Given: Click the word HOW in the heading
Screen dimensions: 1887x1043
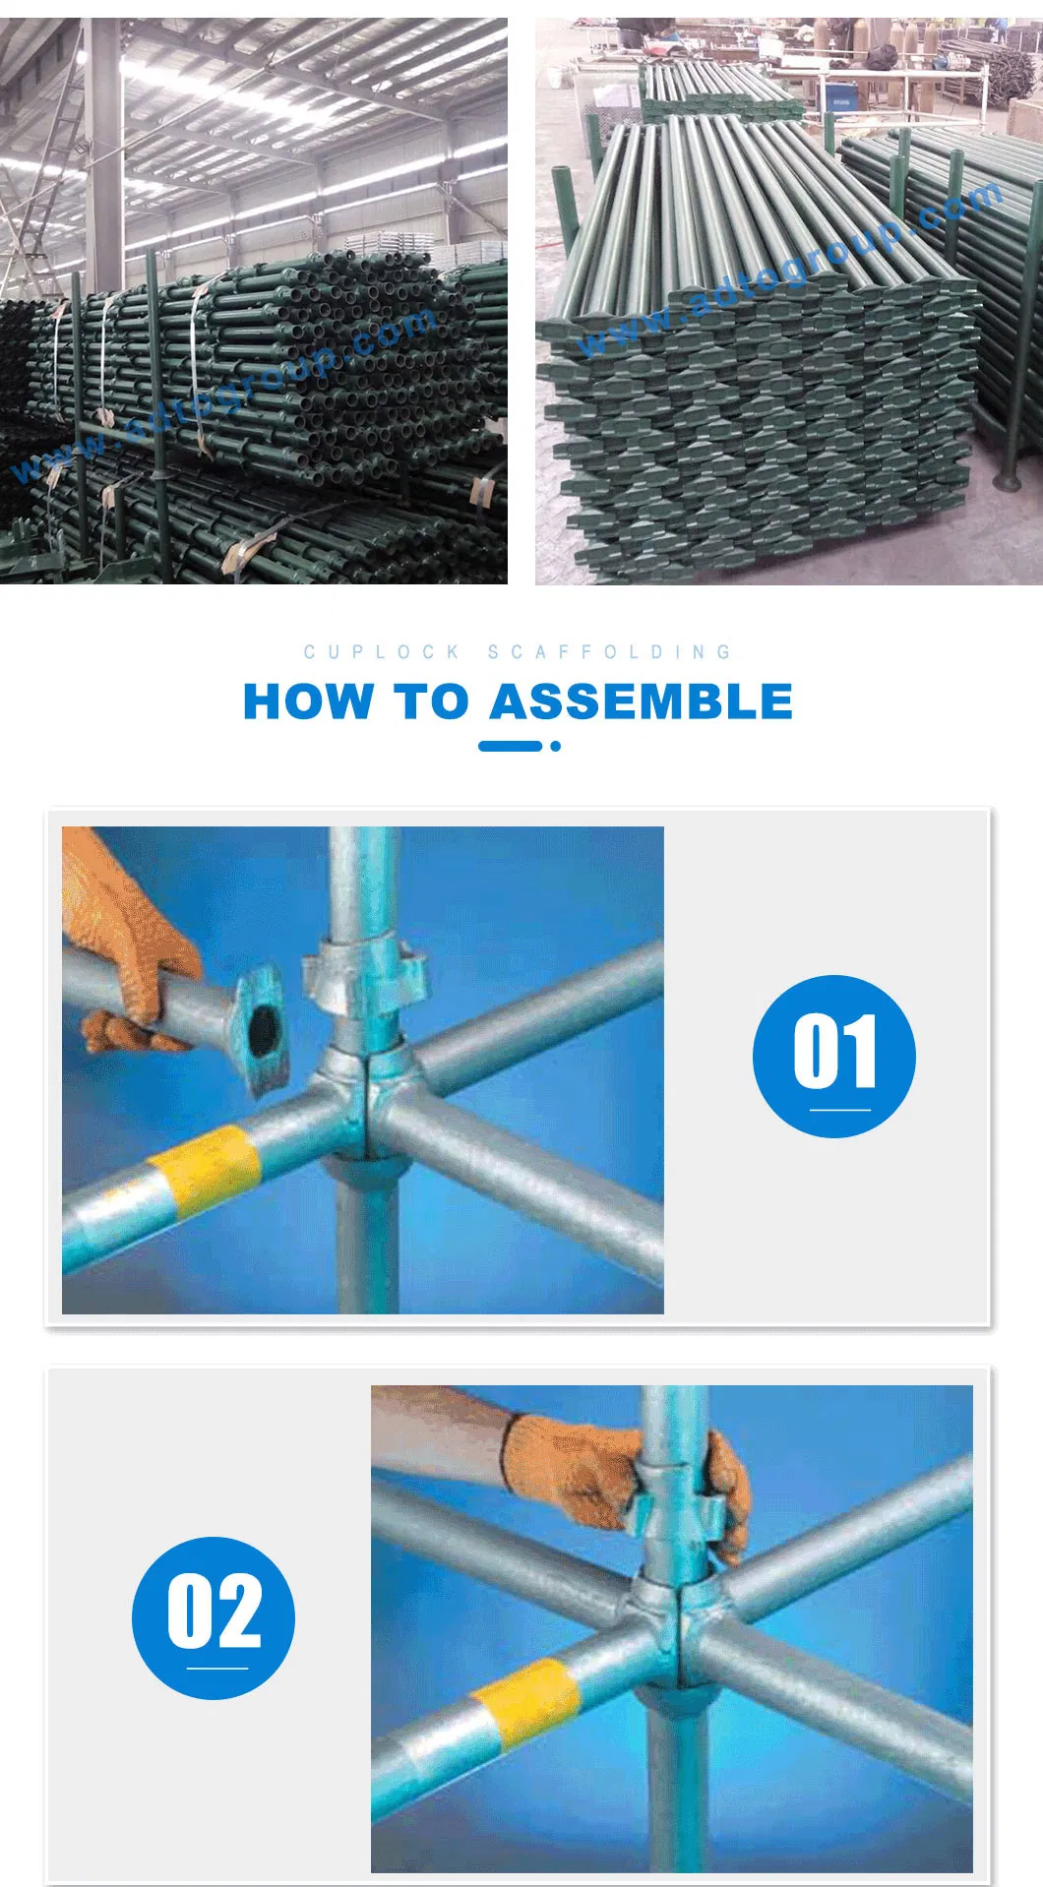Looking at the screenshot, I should (x=307, y=702).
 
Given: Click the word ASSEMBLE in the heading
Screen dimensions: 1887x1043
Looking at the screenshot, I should (x=641, y=702).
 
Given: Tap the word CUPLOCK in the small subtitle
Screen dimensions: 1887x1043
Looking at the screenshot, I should (x=382, y=652).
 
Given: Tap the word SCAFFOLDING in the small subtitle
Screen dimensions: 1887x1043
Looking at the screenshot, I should (x=610, y=652).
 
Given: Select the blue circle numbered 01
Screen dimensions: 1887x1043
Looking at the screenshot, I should (x=833, y=1056).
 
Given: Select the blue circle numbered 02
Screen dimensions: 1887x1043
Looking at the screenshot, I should (x=214, y=1616).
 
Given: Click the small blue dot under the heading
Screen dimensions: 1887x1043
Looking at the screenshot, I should (x=556, y=746).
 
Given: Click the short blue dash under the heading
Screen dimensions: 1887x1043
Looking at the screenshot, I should (x=509, y=746).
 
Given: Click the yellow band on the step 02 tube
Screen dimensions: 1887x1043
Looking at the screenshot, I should (x=526, y=1703).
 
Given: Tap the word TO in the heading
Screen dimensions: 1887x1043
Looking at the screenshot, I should (x=430, y=702).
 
